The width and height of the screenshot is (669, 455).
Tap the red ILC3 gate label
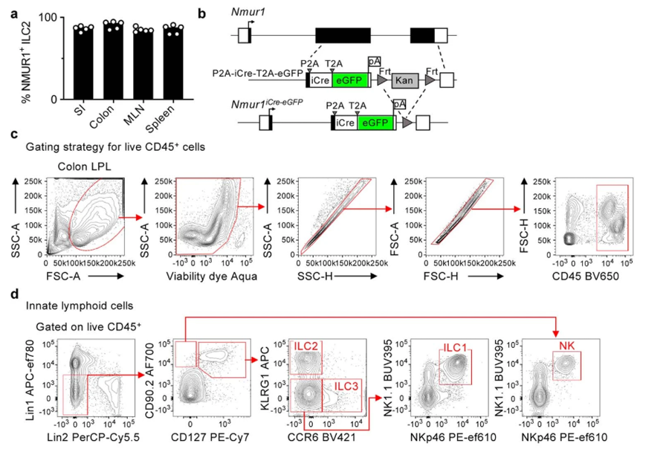(x=346, y=385)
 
